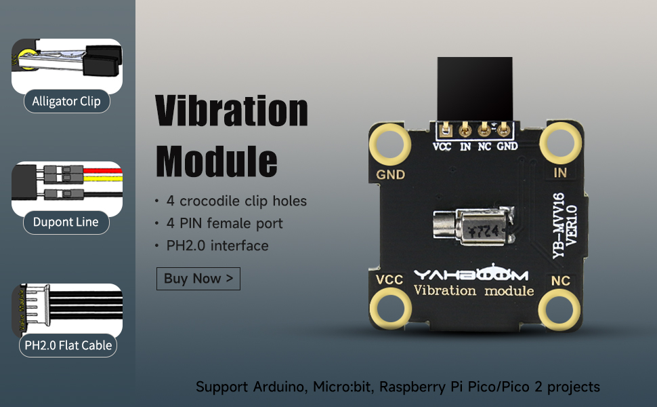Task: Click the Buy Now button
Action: (198, 279)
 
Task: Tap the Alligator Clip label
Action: (66, 101)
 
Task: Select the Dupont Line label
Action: (66, 222)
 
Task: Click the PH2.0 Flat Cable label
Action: (68, 345)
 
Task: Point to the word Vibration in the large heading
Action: (232, 111)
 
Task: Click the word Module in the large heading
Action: (217, 161)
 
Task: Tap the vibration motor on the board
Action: (474, 227)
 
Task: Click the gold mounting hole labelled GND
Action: (389, 144)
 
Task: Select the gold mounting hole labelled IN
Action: (561, 143)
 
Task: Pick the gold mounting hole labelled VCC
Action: (390, 308)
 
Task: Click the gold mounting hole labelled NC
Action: (559, 309)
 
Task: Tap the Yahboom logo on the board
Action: (471, 273)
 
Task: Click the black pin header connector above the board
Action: (475, 89)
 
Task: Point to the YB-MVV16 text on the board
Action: (559, 225)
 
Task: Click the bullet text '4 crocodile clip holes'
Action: (237, 201)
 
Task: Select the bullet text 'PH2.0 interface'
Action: (217, 246)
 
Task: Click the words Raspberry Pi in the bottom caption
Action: (420, 387)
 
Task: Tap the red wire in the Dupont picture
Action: (103, 171)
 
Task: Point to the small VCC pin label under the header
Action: (442, 147)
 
